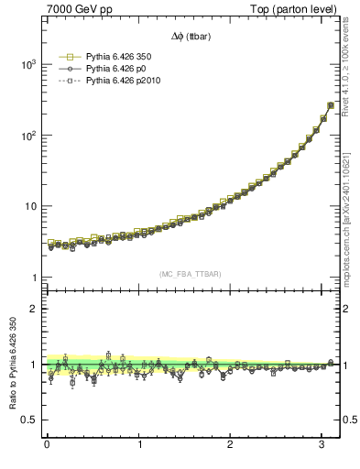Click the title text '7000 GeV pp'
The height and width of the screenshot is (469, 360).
(x=74, y=9)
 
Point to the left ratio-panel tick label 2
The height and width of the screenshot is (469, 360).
(x=33, y=309)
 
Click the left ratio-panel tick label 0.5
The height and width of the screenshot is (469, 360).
(x=28, y=420)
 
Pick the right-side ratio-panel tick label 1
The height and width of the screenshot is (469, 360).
(x=348, y=365)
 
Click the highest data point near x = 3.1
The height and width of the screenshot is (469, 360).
(x=330, y=105)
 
